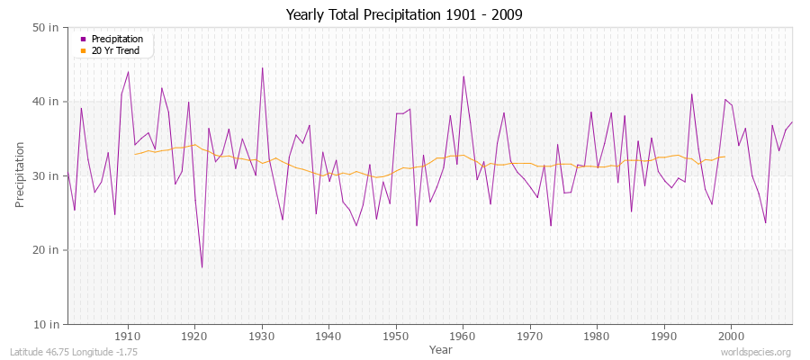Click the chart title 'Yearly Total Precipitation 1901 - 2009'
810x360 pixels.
(404, 15)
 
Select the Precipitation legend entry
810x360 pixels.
(117, 40)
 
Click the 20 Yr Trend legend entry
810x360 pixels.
(116, 50)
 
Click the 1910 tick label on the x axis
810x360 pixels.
(128, 337)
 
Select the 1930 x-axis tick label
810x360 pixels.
(262, 337)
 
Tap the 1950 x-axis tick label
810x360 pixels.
(395, 337)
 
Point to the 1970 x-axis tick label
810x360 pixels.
(529, 337)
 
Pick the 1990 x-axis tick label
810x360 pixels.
(663, 337)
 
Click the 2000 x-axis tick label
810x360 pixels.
(730, 337)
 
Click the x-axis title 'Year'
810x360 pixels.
(441, 349)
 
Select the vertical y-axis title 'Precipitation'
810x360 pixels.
(21, 175)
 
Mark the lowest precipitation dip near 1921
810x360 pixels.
(202, 267)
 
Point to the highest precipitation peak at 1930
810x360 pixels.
(262, 67)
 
